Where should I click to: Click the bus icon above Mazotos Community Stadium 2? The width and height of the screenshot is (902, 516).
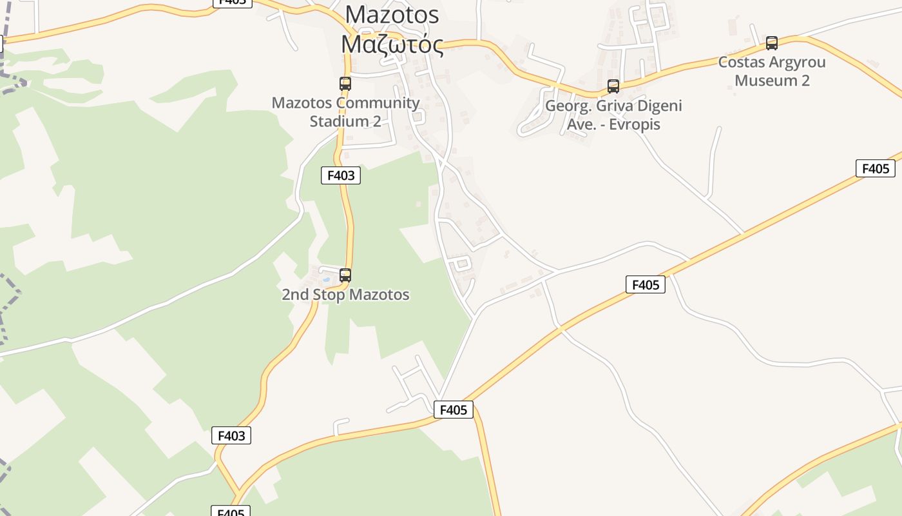[345, 83]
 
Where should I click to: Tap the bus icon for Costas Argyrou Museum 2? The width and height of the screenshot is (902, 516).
[771, 43]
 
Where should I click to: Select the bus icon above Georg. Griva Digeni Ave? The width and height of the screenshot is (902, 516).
[613, 86]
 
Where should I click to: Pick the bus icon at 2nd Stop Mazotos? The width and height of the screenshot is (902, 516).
[345, 275]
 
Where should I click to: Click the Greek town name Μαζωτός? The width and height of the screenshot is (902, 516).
[392, 45]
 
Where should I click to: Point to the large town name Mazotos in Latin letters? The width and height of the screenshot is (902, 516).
[392, 14]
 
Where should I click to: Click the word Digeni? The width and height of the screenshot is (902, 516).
[660, 106]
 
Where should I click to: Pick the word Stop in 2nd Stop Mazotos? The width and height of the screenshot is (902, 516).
[327, 295]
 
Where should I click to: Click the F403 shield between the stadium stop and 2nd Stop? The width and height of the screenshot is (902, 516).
[340, 175]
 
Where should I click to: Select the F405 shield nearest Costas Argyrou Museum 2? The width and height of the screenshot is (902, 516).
[875, 169]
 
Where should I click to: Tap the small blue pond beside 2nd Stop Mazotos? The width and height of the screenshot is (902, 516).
[326, 279]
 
